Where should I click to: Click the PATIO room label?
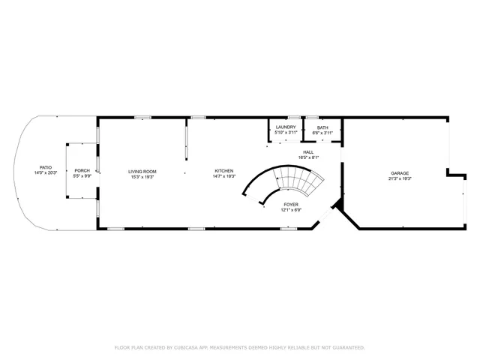(46, 167)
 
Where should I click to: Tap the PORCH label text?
(82, 171)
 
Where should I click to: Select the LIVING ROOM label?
(142, 171)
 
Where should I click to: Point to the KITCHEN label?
(224, 171)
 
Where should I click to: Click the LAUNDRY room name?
(286, 127)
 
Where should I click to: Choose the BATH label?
(322, 127)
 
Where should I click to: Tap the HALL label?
(309, 152)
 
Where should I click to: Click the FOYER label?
(291, 204)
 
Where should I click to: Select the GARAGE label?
(399, 174)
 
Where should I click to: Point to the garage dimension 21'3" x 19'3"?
(399, 179)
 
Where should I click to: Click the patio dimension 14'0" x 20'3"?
(46, 173)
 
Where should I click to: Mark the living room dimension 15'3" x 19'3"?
(142, 176)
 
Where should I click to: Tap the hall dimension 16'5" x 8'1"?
(309, 157)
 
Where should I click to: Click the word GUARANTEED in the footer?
(347, 348)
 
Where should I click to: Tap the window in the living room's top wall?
(141, 117)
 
